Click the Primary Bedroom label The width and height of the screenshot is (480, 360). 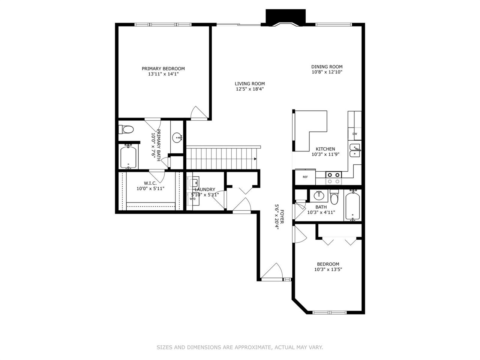pos(163,69)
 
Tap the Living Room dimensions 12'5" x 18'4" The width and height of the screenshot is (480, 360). pos(250,89)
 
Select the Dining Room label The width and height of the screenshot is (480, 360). pos(327,67)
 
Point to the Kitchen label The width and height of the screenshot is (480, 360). pos(325,149)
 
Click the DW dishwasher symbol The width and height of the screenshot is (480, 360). pos(355,133)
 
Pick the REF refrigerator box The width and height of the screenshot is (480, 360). pos(305,177)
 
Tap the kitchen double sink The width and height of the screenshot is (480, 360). pos(355,150)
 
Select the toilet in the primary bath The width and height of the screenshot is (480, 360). pos(126,130)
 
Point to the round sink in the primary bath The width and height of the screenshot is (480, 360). pos(177,138)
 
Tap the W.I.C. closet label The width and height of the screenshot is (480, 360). pos(150,183)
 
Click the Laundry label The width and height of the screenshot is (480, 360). pos(205,189)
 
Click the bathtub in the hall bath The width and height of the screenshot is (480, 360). pos(352,206)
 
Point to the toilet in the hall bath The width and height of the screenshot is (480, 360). pos(334,197)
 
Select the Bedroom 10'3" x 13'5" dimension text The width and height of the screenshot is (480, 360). pos(328,269)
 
